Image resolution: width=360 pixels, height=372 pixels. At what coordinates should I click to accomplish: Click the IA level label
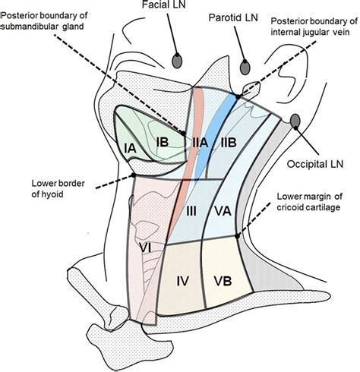coord(130,150)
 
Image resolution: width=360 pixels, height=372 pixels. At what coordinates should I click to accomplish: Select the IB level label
coord(161,141)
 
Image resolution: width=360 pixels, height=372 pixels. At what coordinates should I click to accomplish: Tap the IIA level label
coord(201,142)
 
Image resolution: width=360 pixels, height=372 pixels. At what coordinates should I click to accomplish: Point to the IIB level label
coord(231,142)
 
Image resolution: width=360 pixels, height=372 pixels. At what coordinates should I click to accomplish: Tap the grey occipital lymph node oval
coord(295,121)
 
